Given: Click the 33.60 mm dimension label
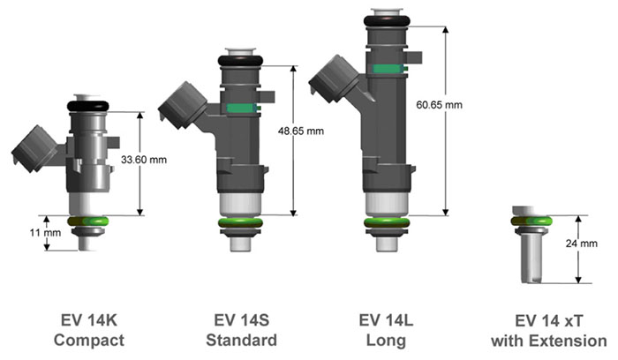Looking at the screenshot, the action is point(143,160).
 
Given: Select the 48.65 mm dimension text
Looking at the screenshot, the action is point(301,131).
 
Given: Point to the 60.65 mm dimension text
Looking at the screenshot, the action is point(439,105).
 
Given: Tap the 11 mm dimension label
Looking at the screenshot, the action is point(45,233).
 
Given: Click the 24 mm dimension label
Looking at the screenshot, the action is point(581,244).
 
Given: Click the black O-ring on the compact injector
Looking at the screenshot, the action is point(88,106).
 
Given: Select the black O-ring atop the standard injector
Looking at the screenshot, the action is point(240,60).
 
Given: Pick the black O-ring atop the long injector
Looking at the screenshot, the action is point(387,21).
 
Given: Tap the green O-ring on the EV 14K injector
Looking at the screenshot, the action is point(88,221).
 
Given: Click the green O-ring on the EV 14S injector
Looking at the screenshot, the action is point(240,222).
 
